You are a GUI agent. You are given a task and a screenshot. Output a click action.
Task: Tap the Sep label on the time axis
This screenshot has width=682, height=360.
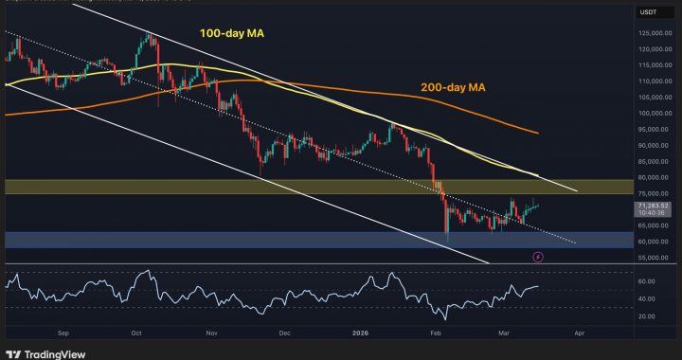point(63,333)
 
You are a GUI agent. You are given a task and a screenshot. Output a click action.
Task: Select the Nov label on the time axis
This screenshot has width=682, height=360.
point(211,333)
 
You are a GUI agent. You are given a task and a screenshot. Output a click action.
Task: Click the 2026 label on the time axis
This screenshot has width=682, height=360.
point(360,333)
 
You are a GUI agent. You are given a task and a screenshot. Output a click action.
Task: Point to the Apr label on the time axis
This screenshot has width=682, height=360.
point(580,333)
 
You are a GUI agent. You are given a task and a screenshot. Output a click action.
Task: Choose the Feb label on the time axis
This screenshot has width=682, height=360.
point(434,333)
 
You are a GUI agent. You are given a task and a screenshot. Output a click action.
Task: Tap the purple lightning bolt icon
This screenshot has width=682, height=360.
point(539,256)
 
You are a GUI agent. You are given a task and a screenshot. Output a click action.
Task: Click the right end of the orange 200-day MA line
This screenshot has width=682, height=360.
point(538,133)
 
